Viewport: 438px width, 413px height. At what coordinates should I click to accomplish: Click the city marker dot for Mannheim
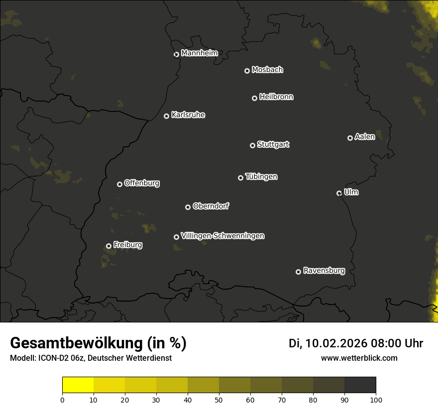click(x=176, y=55)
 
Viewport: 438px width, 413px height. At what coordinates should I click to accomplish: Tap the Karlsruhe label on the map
click(x=188, y=115)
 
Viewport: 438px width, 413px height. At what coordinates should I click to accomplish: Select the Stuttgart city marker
click(x=252, y=145)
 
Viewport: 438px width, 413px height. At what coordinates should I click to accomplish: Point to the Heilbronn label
click(x=276, y=97)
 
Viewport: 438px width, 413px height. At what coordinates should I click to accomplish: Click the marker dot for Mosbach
click(x=247, y=71)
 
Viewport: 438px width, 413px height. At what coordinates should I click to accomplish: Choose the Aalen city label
click(x=365, y=137)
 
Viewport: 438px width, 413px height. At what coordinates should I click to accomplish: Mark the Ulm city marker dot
click(x=339, y=193)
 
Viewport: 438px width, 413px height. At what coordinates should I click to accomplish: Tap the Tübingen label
click(x=261, y=177)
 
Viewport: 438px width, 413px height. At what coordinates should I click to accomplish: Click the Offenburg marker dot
click(x=119, y=184)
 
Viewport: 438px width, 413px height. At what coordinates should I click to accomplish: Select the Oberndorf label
click(x=211, y=206)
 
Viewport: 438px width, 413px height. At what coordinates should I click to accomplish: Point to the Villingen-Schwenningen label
click(x=222, y=236)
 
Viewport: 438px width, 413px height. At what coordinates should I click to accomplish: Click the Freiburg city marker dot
click(x=109, y=246)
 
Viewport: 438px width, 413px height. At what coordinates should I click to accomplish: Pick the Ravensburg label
click(x=324, y=271)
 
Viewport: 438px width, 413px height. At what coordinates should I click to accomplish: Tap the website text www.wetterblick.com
click(x=359, y=358)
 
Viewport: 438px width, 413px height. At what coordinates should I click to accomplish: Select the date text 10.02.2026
click(x=336, y=343)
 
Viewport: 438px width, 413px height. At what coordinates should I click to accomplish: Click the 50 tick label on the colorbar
click(x=219, y=400)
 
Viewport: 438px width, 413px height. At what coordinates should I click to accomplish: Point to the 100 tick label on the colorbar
click(x=376, y=400)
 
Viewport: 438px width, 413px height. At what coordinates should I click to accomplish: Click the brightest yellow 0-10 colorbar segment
click(x=78, y=385)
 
